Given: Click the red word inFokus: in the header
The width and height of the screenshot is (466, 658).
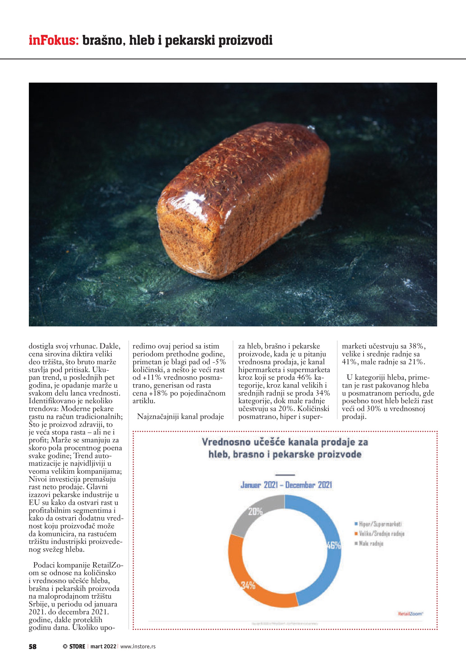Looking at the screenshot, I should (x=54, y=40).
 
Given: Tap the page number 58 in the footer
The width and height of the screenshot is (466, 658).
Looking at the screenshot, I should (x=32, y=646).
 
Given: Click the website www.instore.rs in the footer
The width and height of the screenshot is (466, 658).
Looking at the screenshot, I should (x=138, y=646).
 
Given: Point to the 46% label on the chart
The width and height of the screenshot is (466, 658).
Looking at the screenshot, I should (x=334, y=545).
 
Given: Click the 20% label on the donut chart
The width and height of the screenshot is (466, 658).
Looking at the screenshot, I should (x=255, y=511).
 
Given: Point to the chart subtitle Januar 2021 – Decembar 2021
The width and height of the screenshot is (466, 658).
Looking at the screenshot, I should (x=286, y=485).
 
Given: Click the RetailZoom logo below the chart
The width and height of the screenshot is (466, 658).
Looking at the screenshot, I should (x=410, y=614).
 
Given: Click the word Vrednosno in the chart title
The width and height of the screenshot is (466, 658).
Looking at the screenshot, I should (x=226, y=442).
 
